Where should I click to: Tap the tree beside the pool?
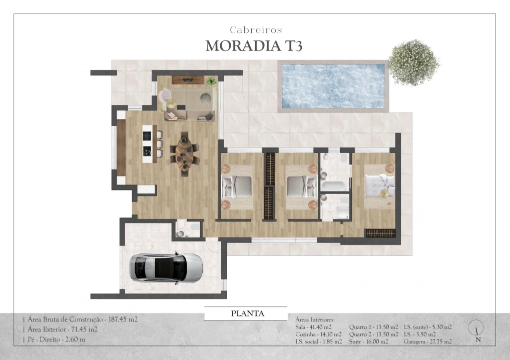413,63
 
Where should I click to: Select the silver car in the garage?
166,267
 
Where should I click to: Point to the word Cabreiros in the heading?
256,30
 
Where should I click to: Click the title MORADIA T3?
254,45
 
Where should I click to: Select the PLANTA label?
247,314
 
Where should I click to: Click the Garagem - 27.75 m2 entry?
427,341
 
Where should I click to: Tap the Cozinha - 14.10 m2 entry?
318,334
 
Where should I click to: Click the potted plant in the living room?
212,80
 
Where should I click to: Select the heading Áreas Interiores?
315,319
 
